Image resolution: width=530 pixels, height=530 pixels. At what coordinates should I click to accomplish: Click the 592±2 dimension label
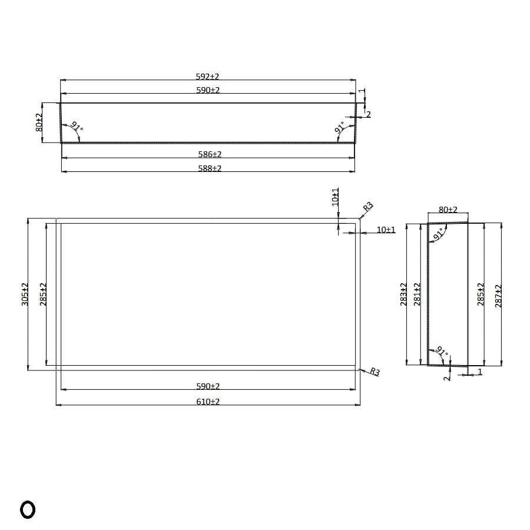point(207,77)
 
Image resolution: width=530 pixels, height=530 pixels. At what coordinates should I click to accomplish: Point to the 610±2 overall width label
point(208,401)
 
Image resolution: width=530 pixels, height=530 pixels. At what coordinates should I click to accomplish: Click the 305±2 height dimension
point(25,294)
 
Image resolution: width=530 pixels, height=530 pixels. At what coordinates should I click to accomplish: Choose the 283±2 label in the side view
point(403,294)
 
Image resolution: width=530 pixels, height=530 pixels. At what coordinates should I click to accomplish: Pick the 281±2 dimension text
point(417,294)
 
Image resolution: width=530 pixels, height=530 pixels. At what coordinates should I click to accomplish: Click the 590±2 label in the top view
point(207,90)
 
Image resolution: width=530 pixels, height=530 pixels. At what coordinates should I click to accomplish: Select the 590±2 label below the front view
point(208,386)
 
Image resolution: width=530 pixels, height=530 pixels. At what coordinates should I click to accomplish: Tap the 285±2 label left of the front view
point(42,294)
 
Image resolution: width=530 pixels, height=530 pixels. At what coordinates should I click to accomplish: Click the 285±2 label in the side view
point(480,294)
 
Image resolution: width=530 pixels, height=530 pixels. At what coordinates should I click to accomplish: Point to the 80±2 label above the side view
point(448,210)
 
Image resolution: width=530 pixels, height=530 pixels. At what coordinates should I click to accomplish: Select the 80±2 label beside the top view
point(39,122)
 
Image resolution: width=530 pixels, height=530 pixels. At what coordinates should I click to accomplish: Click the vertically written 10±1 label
point(335,196)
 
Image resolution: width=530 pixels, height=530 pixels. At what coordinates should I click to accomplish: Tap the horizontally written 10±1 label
point(386,229)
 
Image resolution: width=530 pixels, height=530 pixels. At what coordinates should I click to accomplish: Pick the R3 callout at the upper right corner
point(367,207)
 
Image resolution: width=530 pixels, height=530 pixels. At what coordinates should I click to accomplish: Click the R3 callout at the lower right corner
point(375,372)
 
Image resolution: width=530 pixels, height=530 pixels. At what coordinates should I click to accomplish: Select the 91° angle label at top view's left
point(76,127)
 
